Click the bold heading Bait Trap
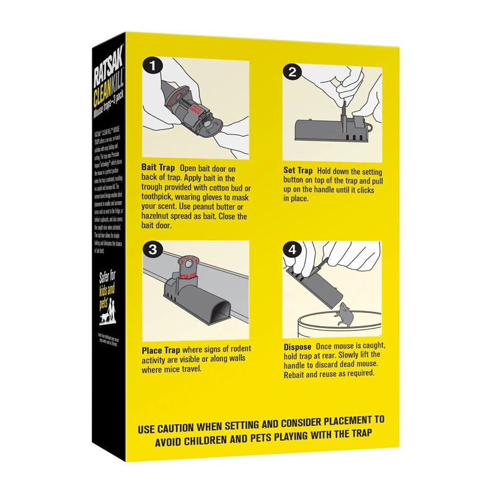(x=157, y=168)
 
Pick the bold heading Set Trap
(x=298, y=170)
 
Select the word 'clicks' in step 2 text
(x=362, y=190)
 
